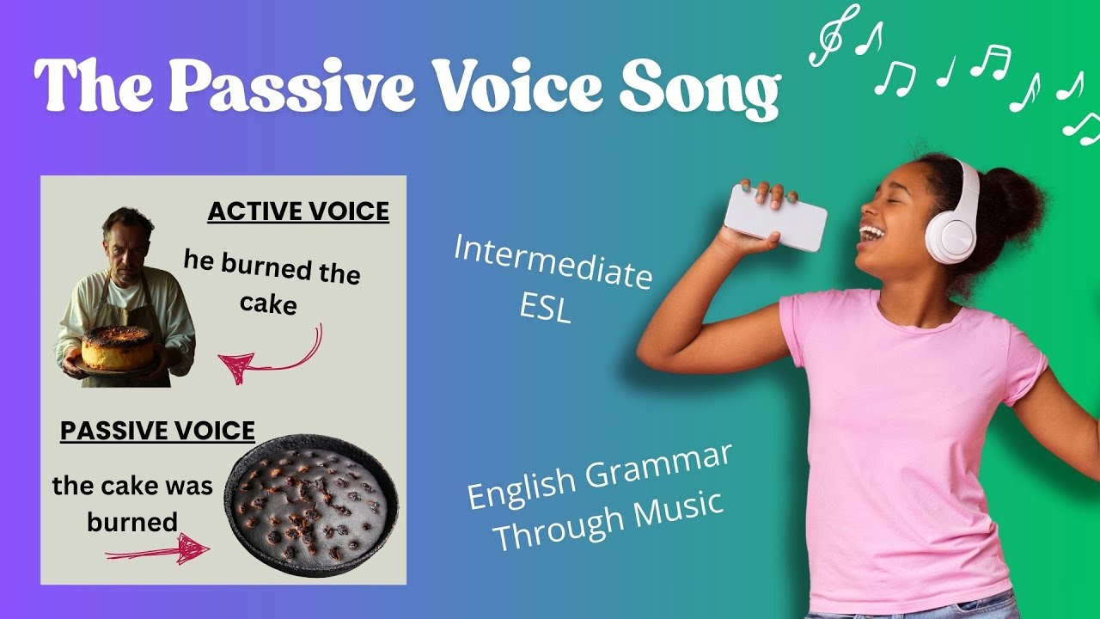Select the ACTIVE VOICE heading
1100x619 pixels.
pyautogui.click(x=297, y=211)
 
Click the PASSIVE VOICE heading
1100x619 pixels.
pyautogui.click(x=157, y=430)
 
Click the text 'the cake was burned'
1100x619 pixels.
pyautogui.click(x=132, y=503)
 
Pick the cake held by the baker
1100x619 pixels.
pyautogui.click(x=118, y=347)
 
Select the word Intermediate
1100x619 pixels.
pyautogui.click(x=552, y=261)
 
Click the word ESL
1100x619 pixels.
pyautogui.click(x=545, y=308)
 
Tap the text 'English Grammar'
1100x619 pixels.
pyautogui.click(x=599, y=476)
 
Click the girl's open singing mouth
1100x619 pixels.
pyautogui.click(x=871, y=234)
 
